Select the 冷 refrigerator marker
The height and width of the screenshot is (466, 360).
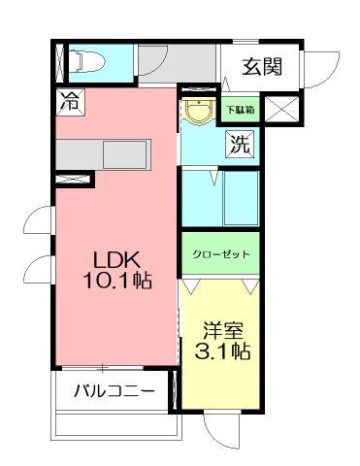click(x=69, y=98)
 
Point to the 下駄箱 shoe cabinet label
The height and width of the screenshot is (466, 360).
click(x=242, y=110)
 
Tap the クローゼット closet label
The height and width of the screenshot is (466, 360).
click(x=220, y=254)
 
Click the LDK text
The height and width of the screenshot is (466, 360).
click(x=116, y=260)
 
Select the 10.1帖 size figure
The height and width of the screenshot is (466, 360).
click(x=115, y=281)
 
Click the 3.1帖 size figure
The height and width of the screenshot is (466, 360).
click(x=222, y=351)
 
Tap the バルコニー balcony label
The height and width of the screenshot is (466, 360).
click(x=114, y=392)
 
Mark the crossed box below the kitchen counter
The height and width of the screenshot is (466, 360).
click(x=74, y=179)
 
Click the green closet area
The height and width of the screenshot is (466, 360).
click(x=220, y=254)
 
